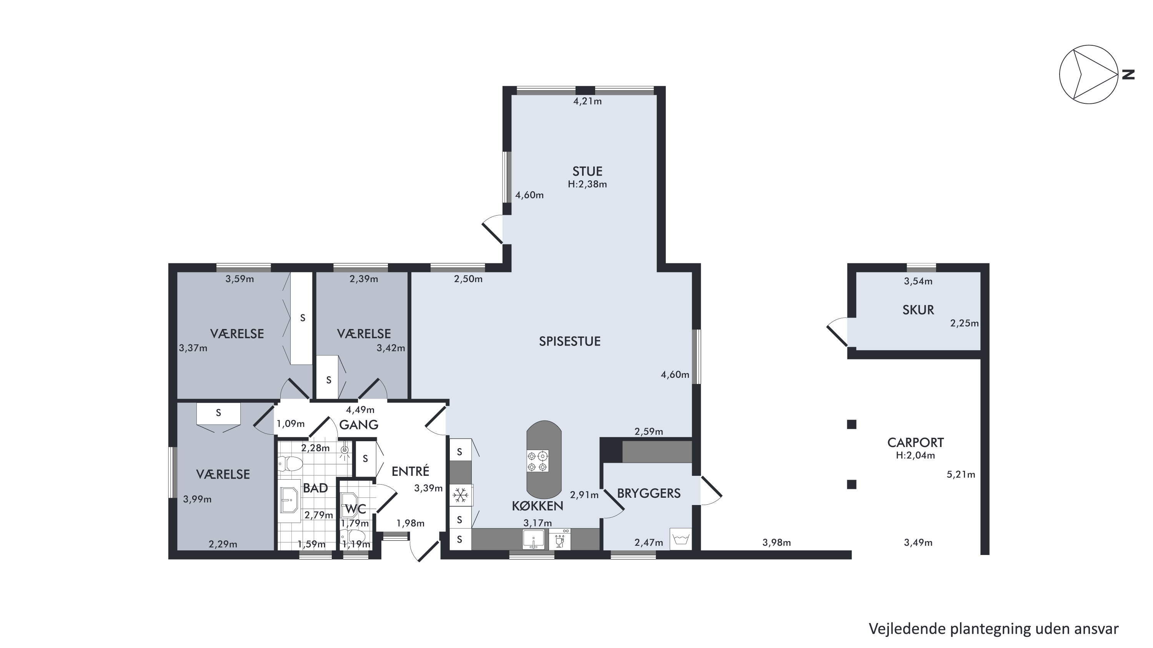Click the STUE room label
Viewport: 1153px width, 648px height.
tap(587, 171)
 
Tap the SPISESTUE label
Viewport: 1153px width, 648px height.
tap(569, 341)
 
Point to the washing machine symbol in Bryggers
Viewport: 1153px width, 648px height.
tap(681, 539)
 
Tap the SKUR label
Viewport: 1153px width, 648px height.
tap(918, 310)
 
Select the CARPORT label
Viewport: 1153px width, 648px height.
tap(915, 443)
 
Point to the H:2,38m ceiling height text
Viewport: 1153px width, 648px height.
tap(587, 184)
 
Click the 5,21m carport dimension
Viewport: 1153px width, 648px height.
tap(960, 474)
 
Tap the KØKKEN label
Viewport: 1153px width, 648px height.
tap(537, 506)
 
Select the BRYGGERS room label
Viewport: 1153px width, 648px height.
tap(649, 493)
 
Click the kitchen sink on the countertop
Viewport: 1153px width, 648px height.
tap(534, 539)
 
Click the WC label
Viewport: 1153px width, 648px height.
tap(355, 509)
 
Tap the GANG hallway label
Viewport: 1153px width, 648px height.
tap(359, 425)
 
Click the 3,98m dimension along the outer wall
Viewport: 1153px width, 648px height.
tap(777, 543)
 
